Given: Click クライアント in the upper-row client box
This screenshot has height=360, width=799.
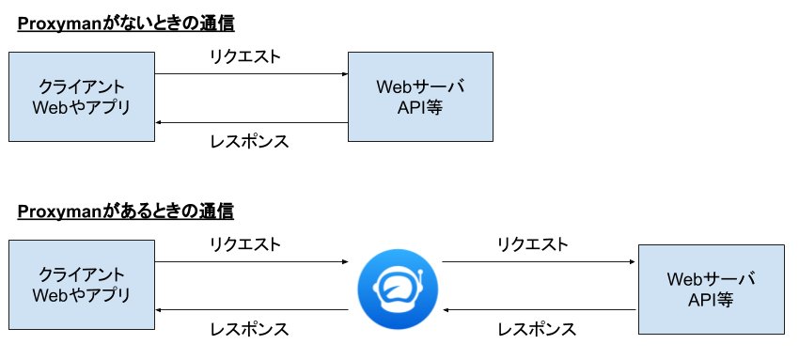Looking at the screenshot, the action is [x=82, y=86].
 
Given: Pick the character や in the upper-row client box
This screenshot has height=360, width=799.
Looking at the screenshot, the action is [x=78, y=107].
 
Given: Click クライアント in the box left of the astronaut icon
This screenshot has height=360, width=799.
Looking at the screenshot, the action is [x=82, y=274].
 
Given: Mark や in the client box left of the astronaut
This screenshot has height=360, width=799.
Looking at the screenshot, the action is [x=78, y=295].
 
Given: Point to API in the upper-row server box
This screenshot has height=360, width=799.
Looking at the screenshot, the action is [x=411, y=107].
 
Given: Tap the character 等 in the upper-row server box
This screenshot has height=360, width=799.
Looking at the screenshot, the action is [x=434, y=107].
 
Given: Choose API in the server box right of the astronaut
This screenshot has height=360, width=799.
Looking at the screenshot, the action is [x=701, y=301].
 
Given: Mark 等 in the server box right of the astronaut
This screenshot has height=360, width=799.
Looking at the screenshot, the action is [x=725, y=301].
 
